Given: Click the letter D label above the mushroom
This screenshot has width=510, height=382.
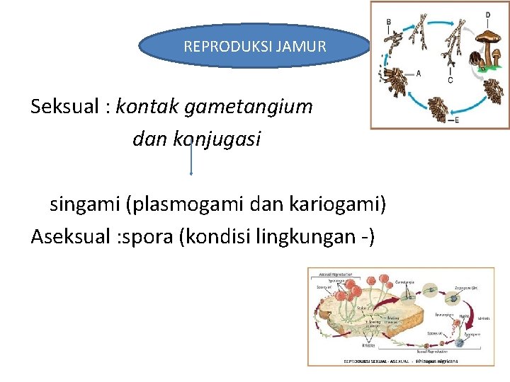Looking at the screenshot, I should click(x=487, y=14).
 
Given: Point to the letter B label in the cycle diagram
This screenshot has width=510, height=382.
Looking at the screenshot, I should click(x=388, y=22).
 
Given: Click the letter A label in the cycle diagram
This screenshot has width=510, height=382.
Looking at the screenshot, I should click(x=419, y=72).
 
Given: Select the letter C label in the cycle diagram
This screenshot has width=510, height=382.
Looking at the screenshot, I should click(x=450, y=80).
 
